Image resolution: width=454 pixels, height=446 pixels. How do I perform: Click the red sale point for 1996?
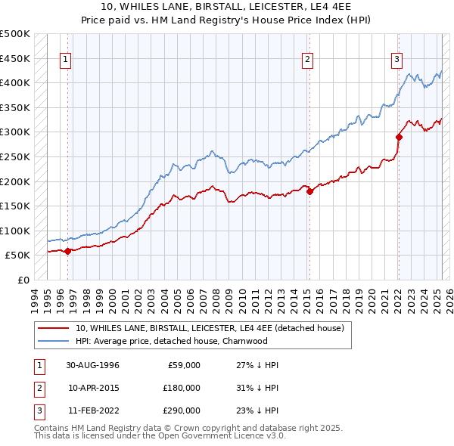67,251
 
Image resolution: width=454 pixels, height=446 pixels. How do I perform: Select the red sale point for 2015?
309,191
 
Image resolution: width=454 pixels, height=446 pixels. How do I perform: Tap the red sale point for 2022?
399,137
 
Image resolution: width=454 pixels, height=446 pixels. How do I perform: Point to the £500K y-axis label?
15,34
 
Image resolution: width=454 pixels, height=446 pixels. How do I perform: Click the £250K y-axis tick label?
15,156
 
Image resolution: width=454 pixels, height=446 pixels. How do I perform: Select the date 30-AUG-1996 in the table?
93,365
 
